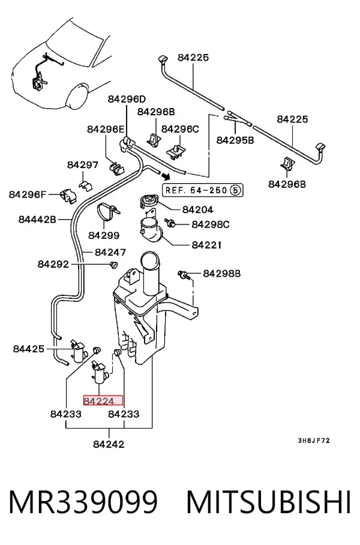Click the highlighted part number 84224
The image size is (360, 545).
[99, 401]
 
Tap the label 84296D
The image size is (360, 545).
[127, 100]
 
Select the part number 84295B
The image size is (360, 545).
[235, 140]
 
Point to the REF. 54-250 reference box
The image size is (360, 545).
[202, 190]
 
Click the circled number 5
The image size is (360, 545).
[236, 190]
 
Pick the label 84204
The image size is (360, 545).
[198, 209]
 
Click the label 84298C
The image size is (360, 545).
[211, 224]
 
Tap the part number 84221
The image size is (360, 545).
[206, 245]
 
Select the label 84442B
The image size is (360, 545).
[37, 219]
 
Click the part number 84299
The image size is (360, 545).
[104, 235]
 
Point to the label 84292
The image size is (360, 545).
[53, 265]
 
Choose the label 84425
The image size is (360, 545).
[28, 349]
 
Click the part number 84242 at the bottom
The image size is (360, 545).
[109, 444]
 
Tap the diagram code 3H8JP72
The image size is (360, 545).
[313, 441]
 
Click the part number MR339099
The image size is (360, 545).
[83, 502]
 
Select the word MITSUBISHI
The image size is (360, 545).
[269, 502]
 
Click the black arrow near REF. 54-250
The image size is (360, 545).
[167, 176]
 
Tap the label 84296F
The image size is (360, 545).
[28, 194]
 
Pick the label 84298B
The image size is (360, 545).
[221, 274]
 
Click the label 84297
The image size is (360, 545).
[83, 164]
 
